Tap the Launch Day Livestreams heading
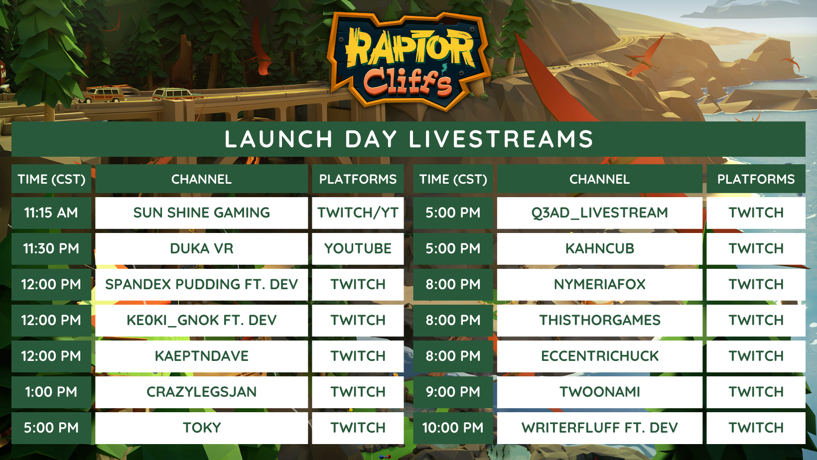(x=408, y=139)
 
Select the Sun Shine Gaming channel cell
(x=201, y=213)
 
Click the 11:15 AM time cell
(x=51, y=213)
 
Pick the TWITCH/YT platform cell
(x=358, y=213)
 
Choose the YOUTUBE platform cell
(x=358, y=248)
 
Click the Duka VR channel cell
(x=201, y=248)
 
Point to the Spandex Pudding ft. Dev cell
(x=201, y=284)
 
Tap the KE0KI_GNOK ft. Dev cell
(x=201, y=321)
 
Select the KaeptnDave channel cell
(x=201, y=356)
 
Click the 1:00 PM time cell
(x=51, y=392)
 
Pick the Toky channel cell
(x=201, y=428)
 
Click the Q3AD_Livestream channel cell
(x=600, y=213)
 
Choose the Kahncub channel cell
(x=600, y=248)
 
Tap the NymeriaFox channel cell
(x=600, y=284)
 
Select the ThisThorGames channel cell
(x=600, y=321)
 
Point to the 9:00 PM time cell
(x=453, y=392)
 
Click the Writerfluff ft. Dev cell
(x=600, y=428)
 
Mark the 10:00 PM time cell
(x=453, y=428)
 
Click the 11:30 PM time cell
(x=51, y=248)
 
